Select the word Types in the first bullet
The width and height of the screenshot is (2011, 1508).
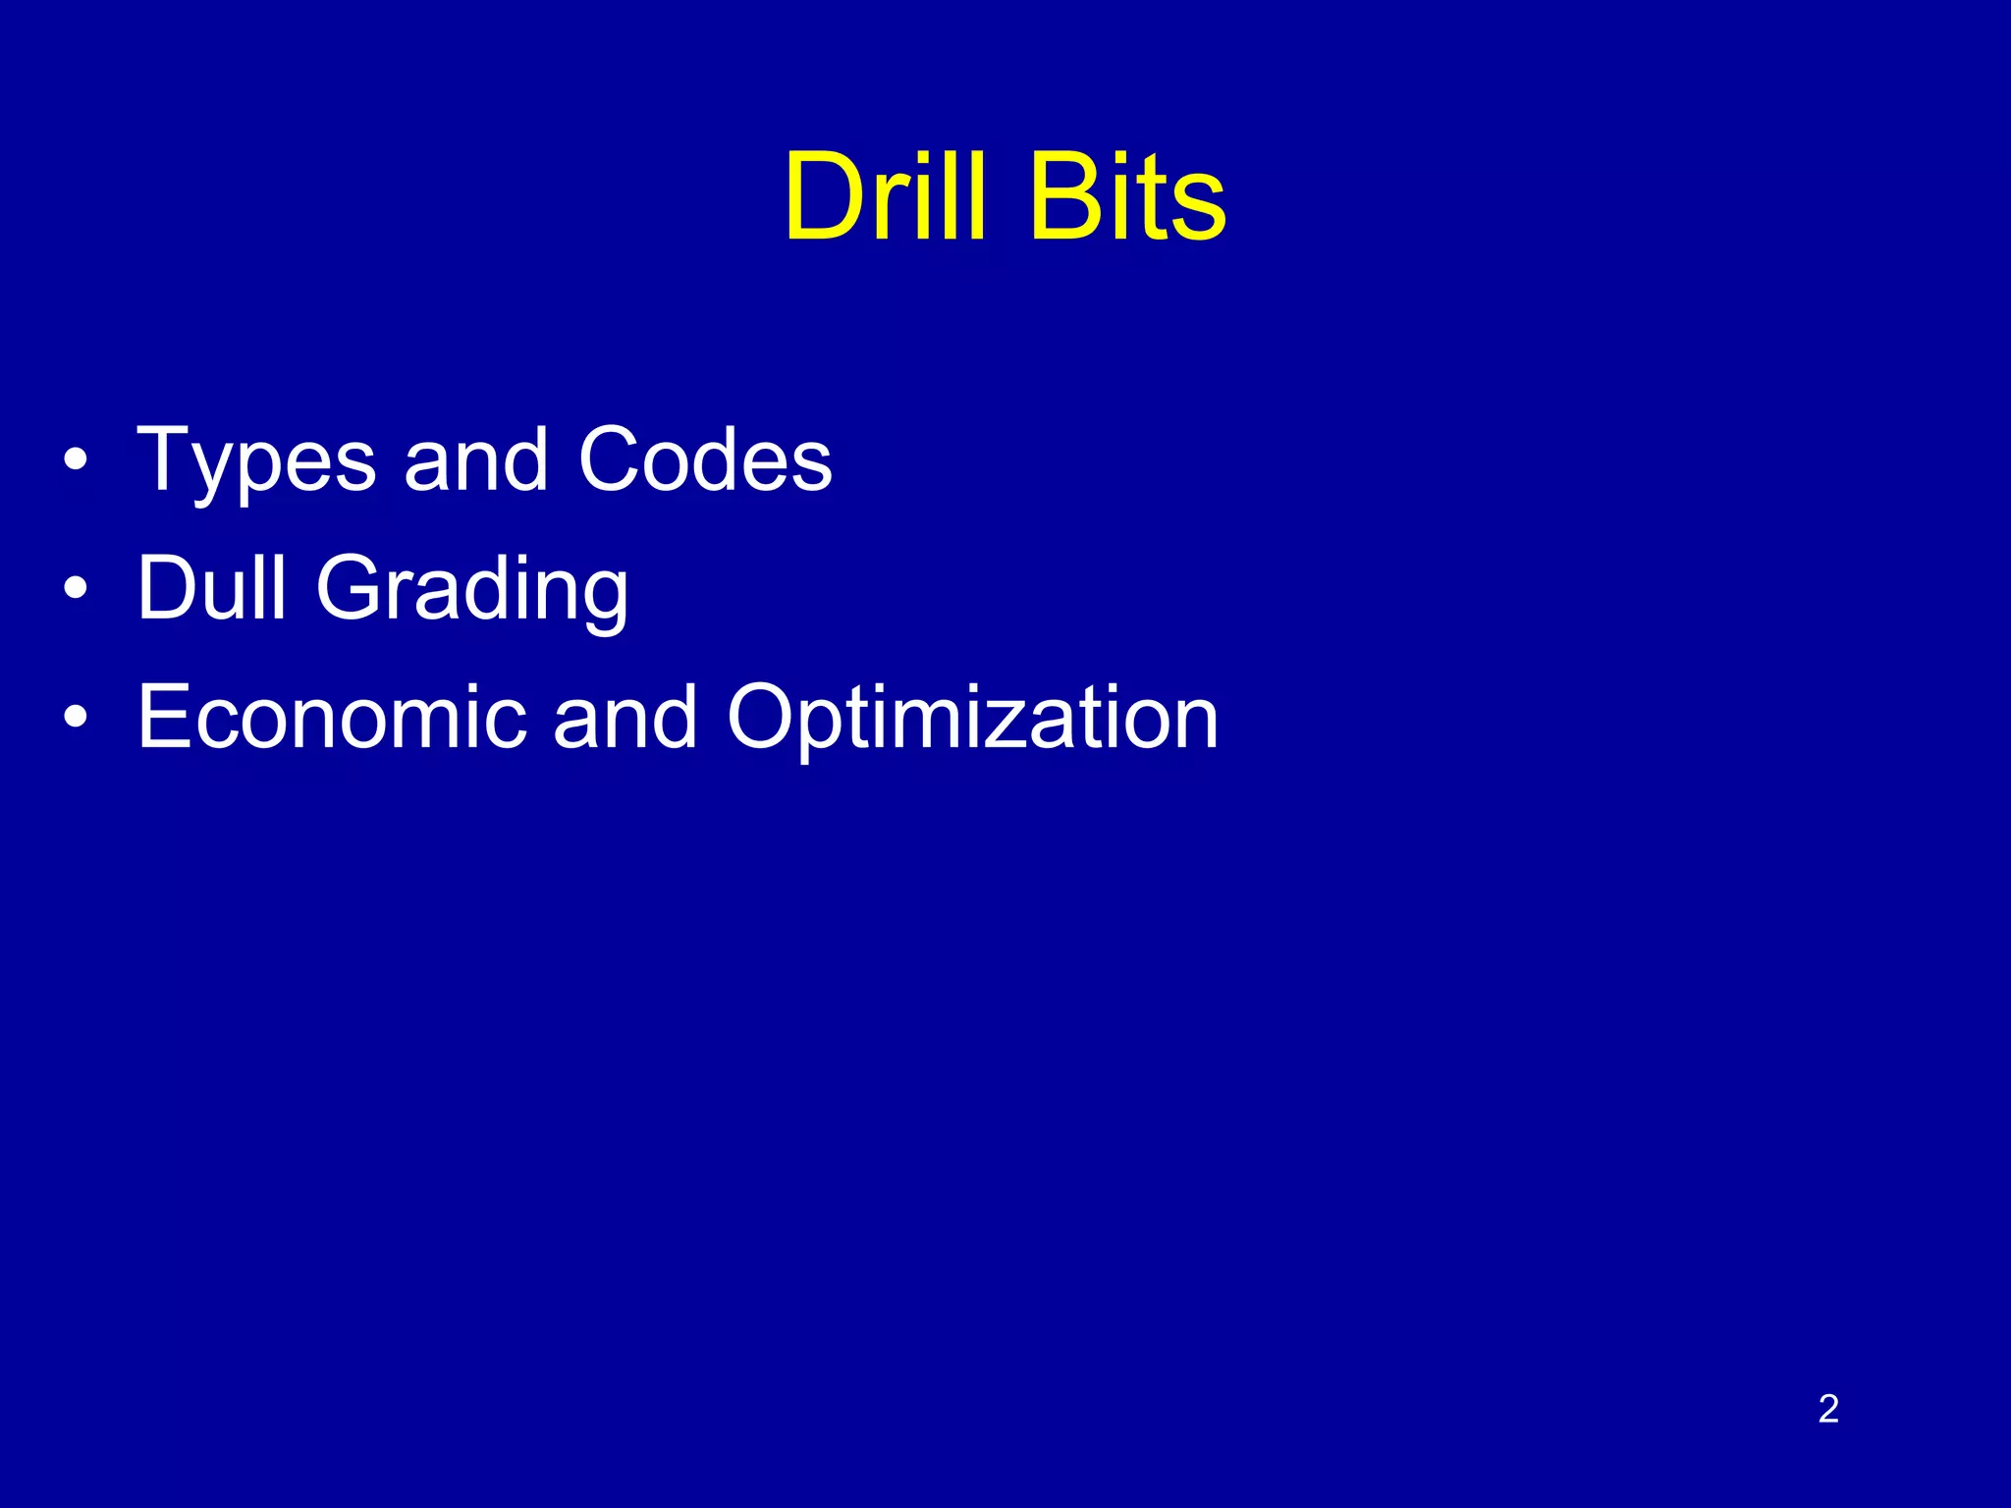256,461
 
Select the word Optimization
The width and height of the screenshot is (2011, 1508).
972,720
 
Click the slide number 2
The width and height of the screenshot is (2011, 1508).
1828,1409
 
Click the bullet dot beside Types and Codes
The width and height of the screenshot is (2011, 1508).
76,460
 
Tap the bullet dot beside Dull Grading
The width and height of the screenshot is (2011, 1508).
76,589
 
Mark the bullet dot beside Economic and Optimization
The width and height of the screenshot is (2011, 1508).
76,718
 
